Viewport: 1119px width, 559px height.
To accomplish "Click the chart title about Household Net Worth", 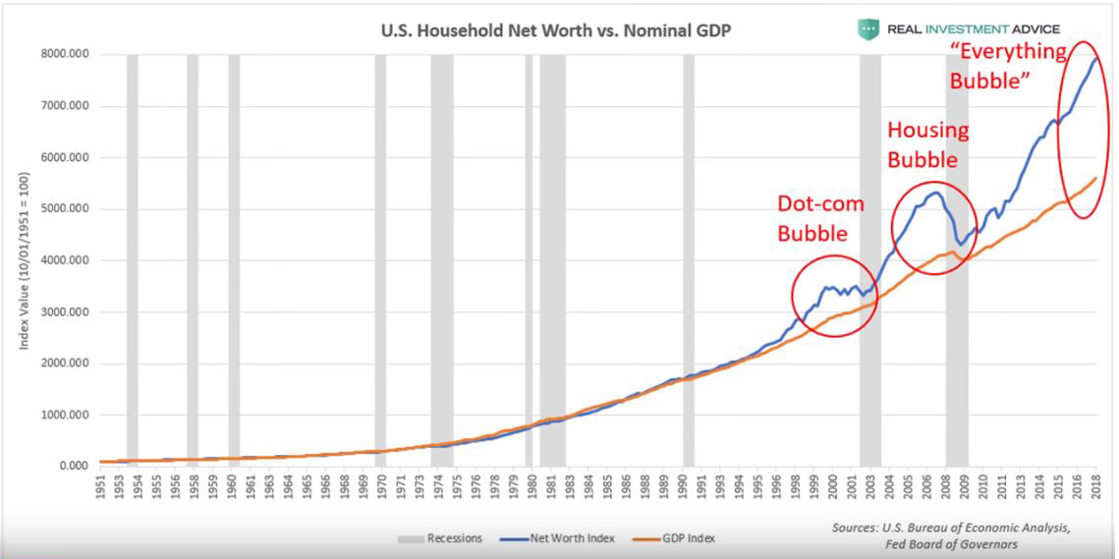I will point(555,30).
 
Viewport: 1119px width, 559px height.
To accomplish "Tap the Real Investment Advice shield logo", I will point(867,29).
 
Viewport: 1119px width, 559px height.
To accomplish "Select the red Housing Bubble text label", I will point(927,143).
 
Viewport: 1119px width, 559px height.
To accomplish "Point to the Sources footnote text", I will point(951,535).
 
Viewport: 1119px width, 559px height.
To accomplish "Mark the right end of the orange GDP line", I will point(1096,178).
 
